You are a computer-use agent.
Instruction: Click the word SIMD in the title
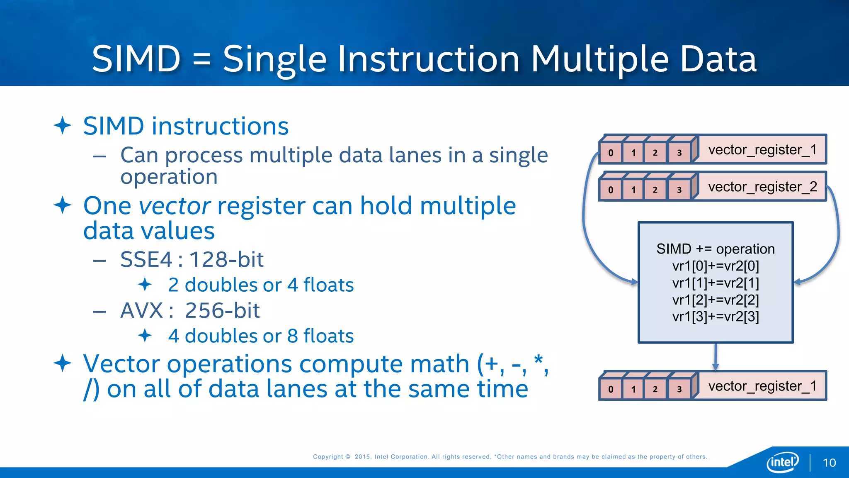pos(136,59)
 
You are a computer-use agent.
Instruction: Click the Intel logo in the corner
pos(782,462)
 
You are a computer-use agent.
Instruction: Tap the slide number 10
pos(829,463)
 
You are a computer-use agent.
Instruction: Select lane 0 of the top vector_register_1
pos(611,153)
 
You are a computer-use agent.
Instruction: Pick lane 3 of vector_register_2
pos(679,190)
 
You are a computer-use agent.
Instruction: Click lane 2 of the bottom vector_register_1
pos(655,389)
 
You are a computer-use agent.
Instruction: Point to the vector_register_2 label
pos(762,187)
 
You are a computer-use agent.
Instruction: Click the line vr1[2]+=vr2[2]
pos(716,300)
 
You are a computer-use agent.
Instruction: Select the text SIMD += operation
pos(716,249)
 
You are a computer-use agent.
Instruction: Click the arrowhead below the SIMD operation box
pos(716,367)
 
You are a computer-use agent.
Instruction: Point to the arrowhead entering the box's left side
pos(634,282)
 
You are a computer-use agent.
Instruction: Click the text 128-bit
pos(226,260)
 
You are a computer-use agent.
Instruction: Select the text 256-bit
pos(222,310)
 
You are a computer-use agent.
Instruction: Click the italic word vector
pos(175,206)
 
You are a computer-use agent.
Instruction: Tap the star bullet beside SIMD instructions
pos(63,125)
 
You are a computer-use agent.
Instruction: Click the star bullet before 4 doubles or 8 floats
pos(145,335)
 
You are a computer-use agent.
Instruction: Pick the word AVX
pos(142,310)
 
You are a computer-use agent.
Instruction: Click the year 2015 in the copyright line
pos(362,456)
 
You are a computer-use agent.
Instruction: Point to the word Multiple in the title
pos(600,59)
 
